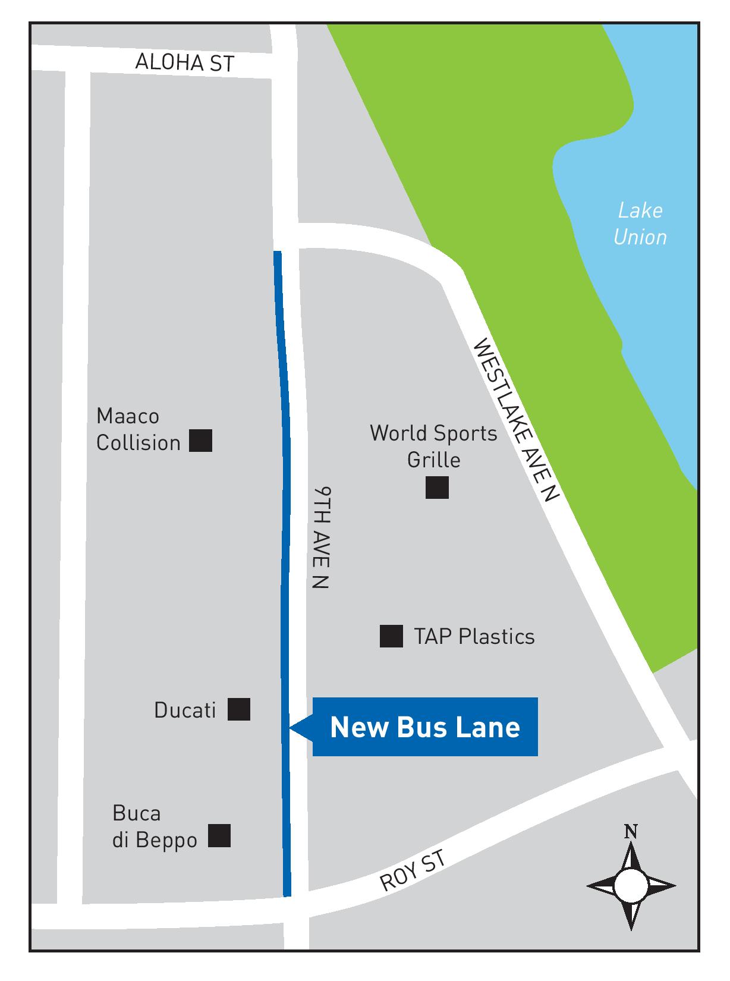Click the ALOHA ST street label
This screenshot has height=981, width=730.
coord(184,62)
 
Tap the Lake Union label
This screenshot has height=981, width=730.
coord(640,224)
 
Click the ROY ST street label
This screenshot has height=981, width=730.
coord(412,870)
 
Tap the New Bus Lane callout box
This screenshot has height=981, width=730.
coord(424,727)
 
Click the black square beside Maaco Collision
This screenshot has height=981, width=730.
coord(201,441)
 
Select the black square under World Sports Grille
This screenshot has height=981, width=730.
coord(437,488)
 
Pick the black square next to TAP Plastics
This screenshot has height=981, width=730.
coord(391,636)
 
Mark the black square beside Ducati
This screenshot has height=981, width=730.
coord(239,709)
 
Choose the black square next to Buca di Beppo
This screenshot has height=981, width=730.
coord(219,836)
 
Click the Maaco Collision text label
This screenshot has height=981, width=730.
coord(138,429)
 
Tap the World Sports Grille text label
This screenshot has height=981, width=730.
coord(433,446)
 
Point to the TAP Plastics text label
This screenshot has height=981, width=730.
coord(474,637)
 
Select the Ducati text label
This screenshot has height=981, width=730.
coord(185,710)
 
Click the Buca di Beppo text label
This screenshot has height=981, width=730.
coord(155,826)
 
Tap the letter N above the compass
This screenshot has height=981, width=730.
coord(631,832)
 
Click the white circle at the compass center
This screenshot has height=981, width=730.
coord(631,886)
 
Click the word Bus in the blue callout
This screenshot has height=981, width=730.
coord(425,727)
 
